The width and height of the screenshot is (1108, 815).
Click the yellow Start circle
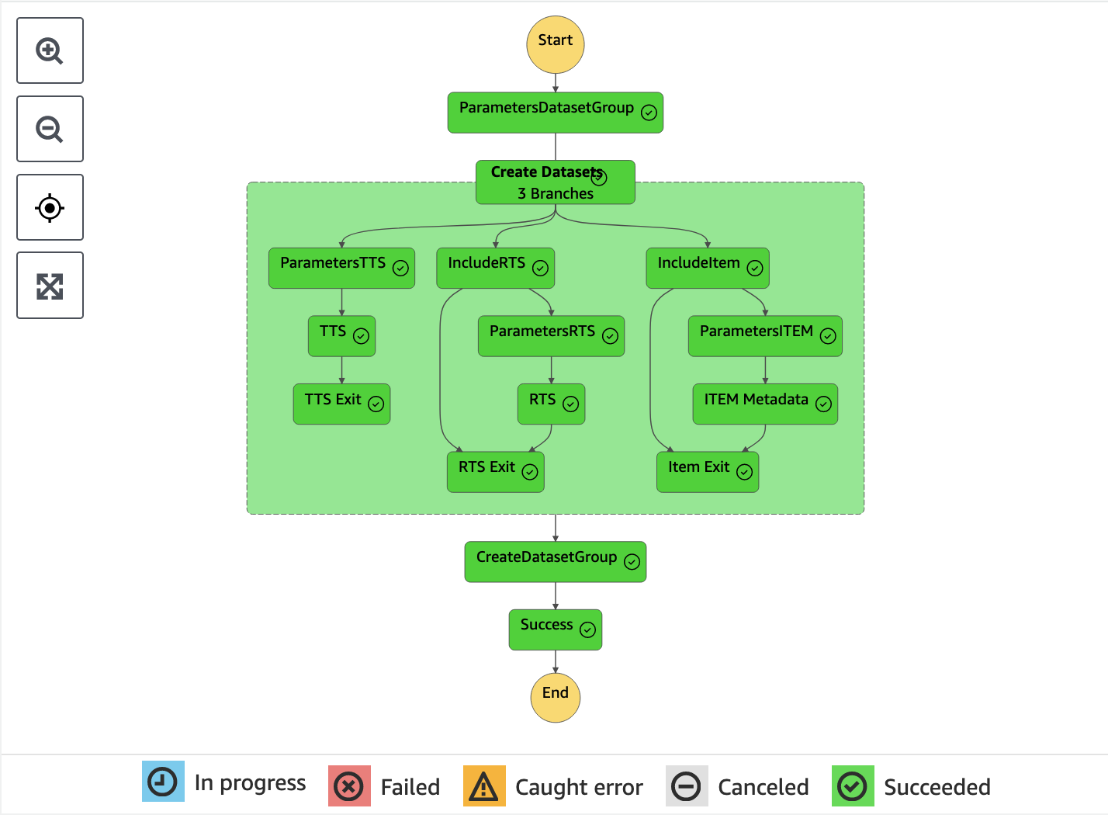[556, 44]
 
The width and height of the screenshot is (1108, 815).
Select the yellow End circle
[556, 697]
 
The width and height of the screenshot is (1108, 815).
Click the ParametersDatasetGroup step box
[555, 113]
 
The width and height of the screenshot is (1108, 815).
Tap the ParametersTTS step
[341, 268]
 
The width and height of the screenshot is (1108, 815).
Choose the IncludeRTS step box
[495, 268]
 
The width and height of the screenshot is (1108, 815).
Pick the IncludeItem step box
[708, 268]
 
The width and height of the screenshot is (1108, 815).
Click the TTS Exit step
[341, 404]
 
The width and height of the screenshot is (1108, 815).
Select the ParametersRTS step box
[551, 335]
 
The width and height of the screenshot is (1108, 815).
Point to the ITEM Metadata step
[765, 404]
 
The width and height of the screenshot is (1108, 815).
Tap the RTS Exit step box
[495, 471]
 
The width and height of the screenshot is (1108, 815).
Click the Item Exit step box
[708, 471]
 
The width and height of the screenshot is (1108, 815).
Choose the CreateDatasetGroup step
[555, 561]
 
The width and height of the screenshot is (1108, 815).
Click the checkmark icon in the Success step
[588, 629]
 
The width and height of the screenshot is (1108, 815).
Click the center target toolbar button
[50, 207]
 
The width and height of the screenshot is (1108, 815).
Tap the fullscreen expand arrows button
[50, 286]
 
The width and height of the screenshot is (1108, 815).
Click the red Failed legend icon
[349, 786]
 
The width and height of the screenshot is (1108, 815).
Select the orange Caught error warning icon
[484, 786]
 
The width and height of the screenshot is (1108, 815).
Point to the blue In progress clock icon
[163, 782]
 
